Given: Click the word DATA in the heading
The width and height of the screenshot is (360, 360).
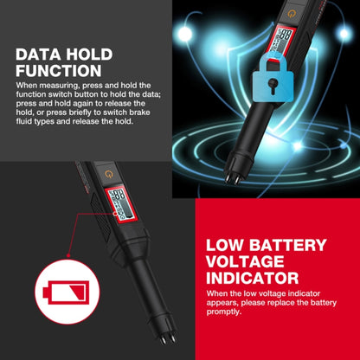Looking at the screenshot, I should (40, 55).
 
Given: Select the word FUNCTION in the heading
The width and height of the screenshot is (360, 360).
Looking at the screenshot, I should (58, 71).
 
